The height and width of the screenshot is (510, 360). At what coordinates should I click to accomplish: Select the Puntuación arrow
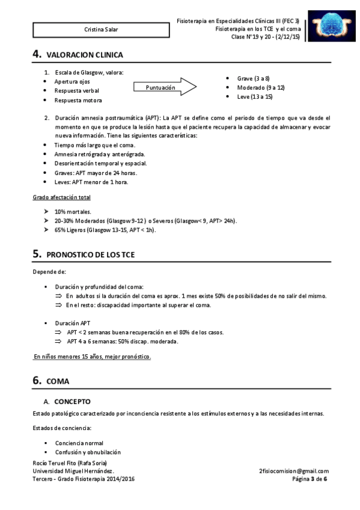click(171, 88)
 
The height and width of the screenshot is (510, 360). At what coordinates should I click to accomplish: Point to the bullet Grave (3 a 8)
click(253, 79)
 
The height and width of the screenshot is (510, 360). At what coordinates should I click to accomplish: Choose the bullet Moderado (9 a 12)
click(261, 88)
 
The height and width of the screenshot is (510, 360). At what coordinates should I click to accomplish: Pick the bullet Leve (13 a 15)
click(255, 96)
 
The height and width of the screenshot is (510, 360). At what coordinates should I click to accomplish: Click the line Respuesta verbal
click(78, 90)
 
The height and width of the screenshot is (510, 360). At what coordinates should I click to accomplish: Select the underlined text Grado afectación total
click(62, 197)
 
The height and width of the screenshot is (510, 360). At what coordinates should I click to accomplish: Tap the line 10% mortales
click(73, 212)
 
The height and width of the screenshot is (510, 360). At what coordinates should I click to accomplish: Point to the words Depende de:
click(49, 272)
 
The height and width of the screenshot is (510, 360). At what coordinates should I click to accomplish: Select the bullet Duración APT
click(73, 323)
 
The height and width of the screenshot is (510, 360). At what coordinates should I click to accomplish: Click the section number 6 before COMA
click(37, 381)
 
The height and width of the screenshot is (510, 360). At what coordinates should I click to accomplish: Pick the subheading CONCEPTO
click(73, 400)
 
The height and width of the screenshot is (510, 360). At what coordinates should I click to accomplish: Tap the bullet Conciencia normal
click(79, 443)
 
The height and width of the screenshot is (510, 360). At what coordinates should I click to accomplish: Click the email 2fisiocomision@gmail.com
click(293, 471)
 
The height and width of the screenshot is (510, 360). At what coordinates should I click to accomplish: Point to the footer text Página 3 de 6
click(310, 479)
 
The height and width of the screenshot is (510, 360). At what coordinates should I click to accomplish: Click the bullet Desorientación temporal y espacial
click(101, 163)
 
